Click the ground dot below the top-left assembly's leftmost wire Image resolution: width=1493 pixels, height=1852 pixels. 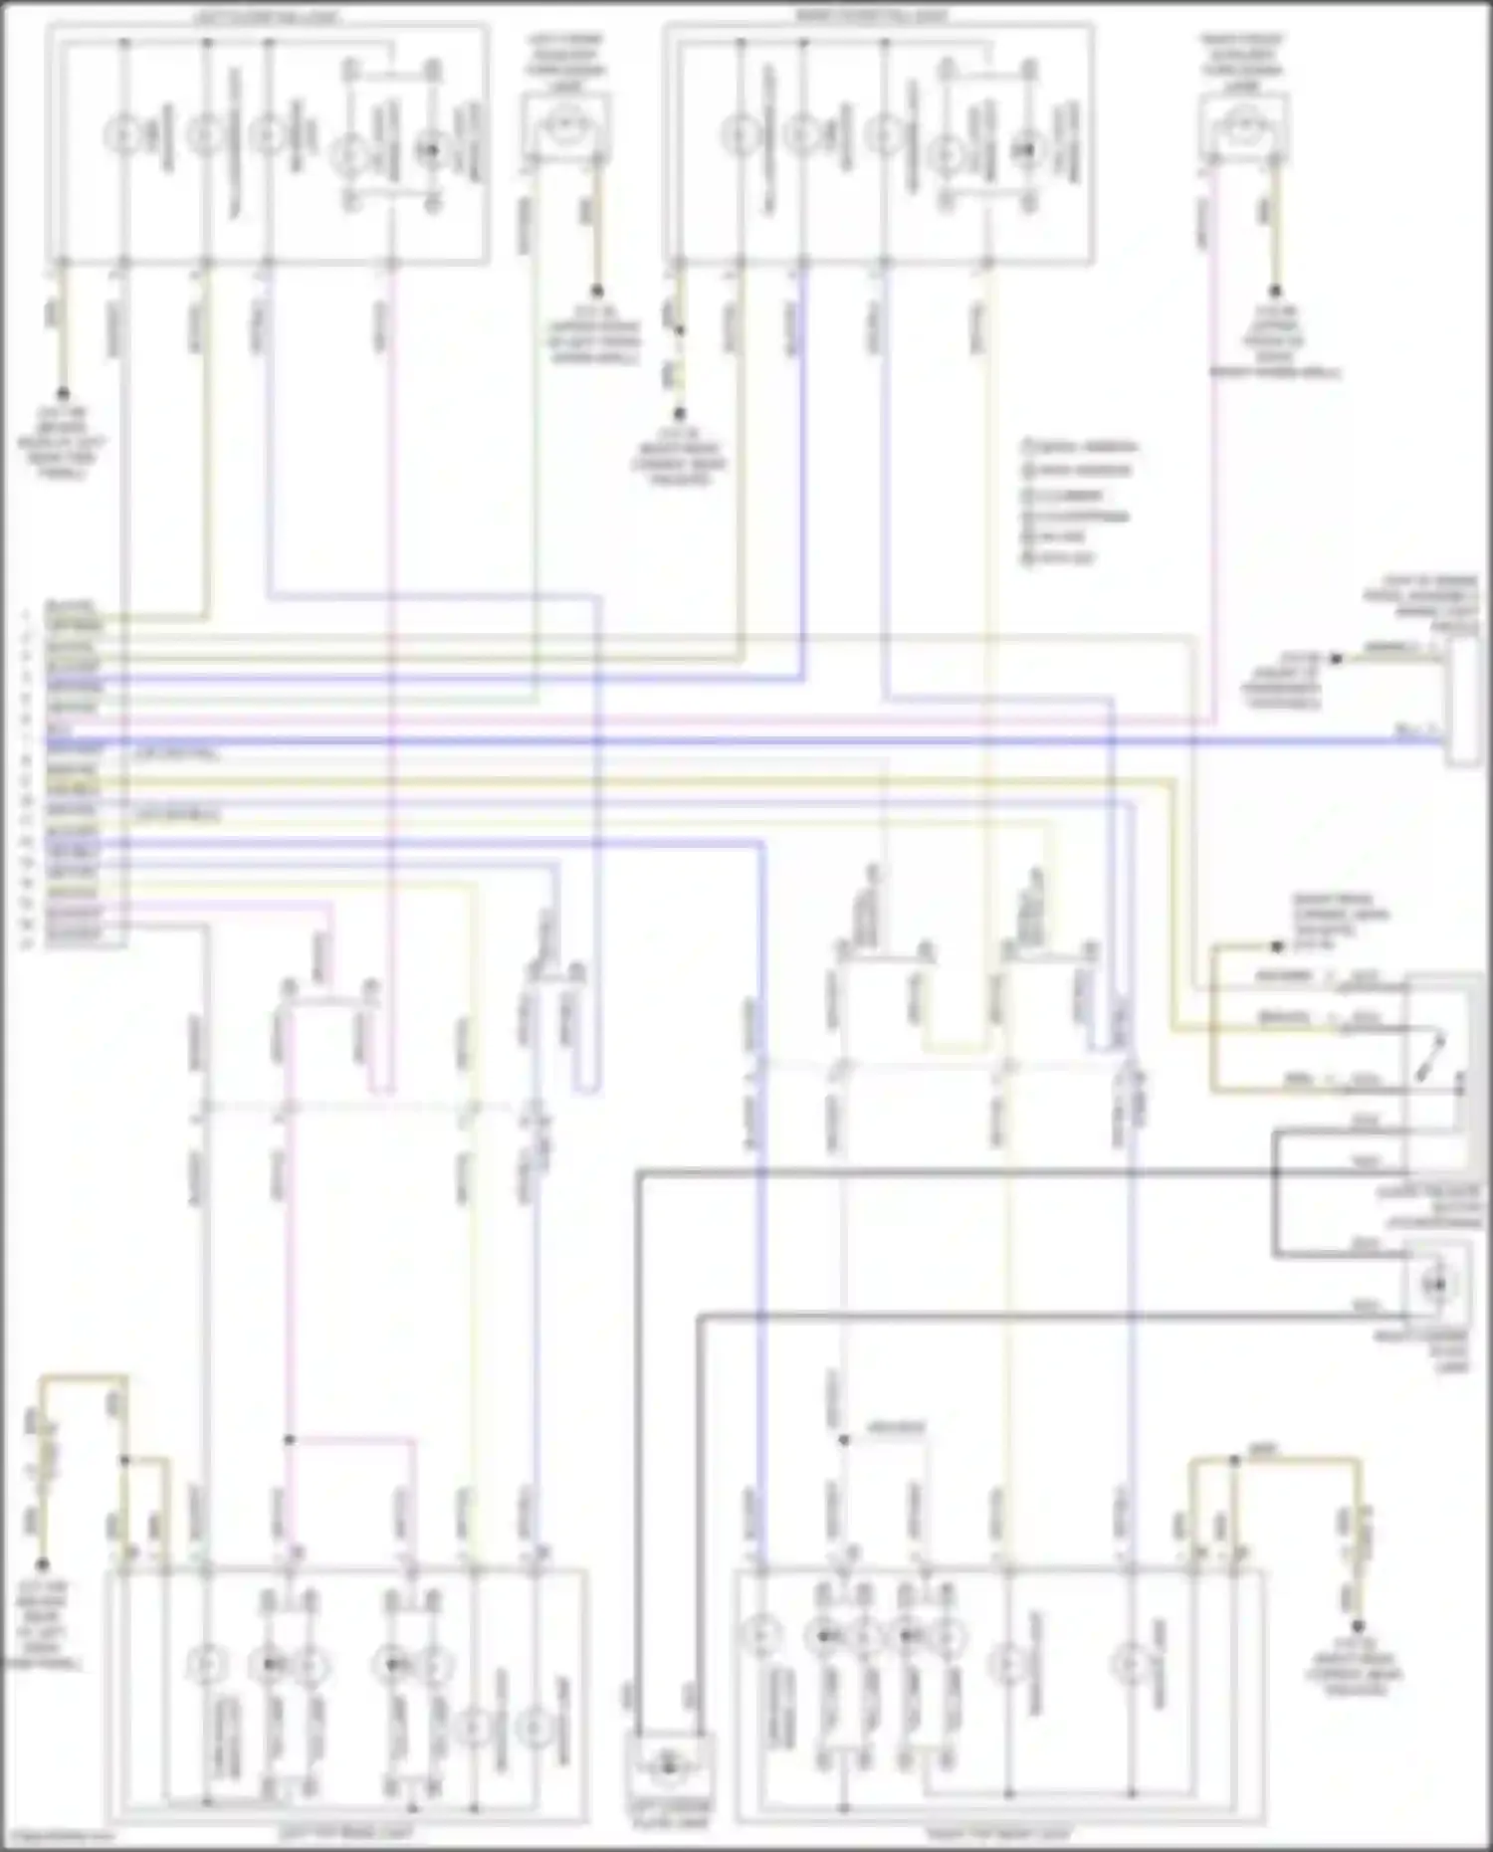(x=62, y=393)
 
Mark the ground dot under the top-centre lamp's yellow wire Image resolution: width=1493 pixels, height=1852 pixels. (x=597, y=292)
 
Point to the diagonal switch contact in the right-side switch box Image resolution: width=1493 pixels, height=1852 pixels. (x=1434, y=1057)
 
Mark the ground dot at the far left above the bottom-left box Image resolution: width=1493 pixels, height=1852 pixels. (x=42, y=1564)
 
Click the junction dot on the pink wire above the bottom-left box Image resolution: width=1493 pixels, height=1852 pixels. (x=290, y=1440)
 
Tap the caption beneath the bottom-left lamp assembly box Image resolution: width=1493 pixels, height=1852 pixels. (x=345, y=1832)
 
